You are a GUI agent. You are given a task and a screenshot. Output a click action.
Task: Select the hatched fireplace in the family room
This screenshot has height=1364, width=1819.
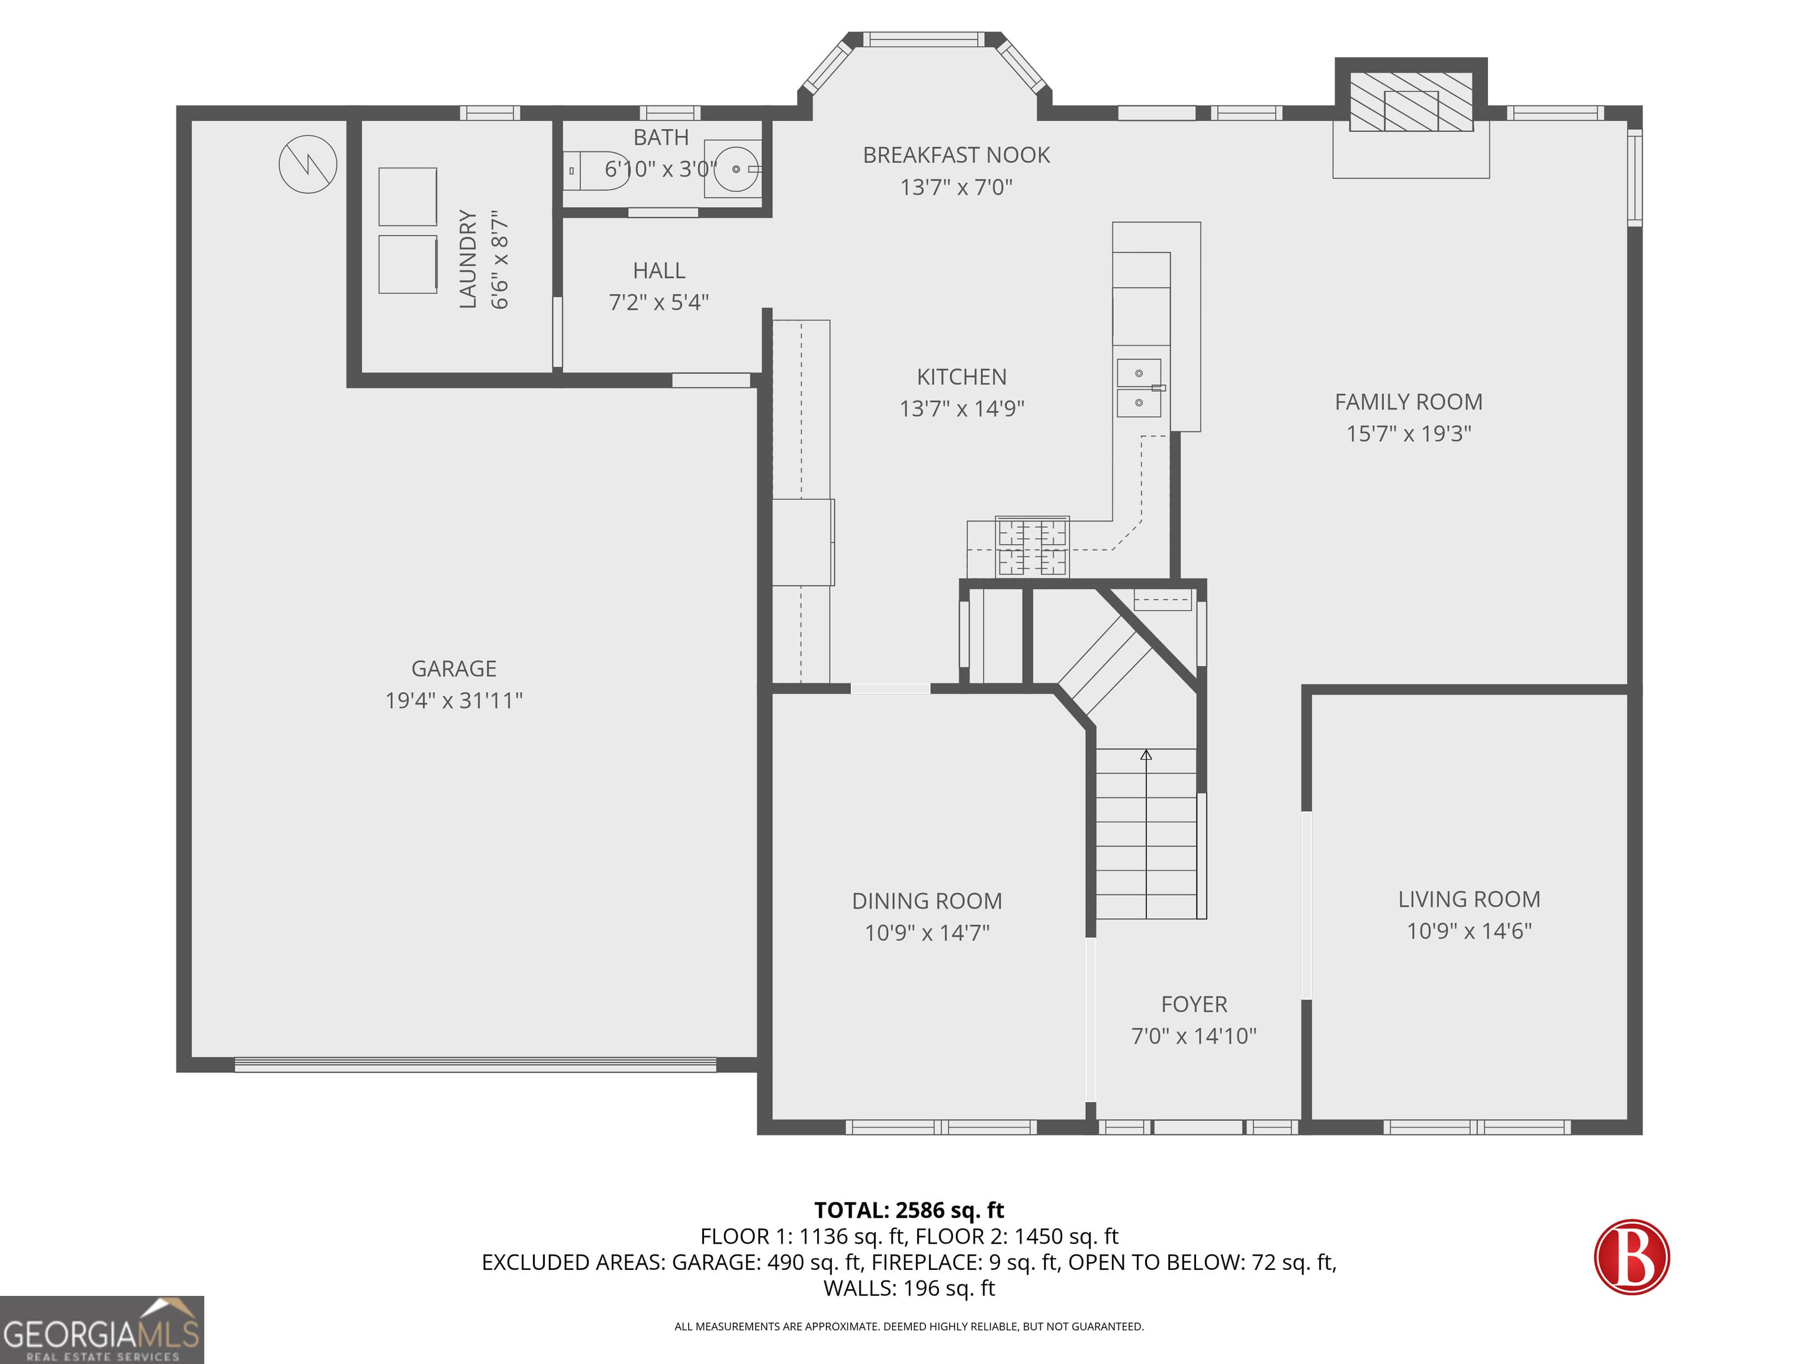1410,101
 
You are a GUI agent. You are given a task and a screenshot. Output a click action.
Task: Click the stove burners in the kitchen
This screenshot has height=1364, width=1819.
1032,546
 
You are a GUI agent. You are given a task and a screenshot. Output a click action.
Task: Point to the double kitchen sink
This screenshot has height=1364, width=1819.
1139,387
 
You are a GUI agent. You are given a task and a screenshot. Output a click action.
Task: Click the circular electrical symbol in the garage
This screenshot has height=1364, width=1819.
307,165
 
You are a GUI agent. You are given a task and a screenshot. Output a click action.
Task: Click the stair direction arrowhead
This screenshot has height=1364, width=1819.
1146,754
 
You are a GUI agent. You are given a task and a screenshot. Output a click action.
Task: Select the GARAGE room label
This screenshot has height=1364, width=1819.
454,668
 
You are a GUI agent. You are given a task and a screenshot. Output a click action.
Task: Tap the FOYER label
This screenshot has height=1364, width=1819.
1194,1004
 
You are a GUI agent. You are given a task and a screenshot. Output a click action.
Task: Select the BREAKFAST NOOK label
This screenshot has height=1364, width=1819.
956,155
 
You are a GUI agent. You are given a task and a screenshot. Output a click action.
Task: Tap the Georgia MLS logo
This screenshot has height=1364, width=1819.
102,1330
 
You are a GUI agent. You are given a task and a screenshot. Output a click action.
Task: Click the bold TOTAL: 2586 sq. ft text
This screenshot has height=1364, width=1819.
909,1210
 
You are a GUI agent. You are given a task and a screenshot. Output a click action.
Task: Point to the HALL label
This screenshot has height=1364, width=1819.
658,271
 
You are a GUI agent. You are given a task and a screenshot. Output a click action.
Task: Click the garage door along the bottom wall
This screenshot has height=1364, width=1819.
475,1064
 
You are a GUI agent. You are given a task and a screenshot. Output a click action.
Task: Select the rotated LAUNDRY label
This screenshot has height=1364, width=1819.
468,259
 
